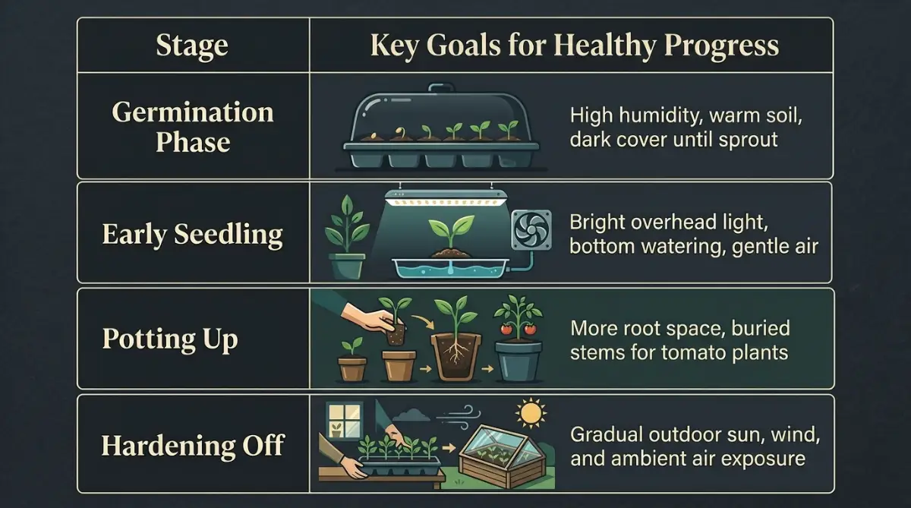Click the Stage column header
[192, 46]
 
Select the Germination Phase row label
[193, 127]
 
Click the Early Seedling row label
[192, 235]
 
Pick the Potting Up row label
[170, 339]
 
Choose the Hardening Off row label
[193, 446]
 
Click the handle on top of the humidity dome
[441, 88]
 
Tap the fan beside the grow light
[531, 229]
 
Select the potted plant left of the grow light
[347, 237]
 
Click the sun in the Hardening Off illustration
[531, 413]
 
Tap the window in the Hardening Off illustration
[345, 421]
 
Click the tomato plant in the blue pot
[518, 339]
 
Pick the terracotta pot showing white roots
[456, 357]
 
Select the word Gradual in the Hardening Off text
[607, 435]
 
